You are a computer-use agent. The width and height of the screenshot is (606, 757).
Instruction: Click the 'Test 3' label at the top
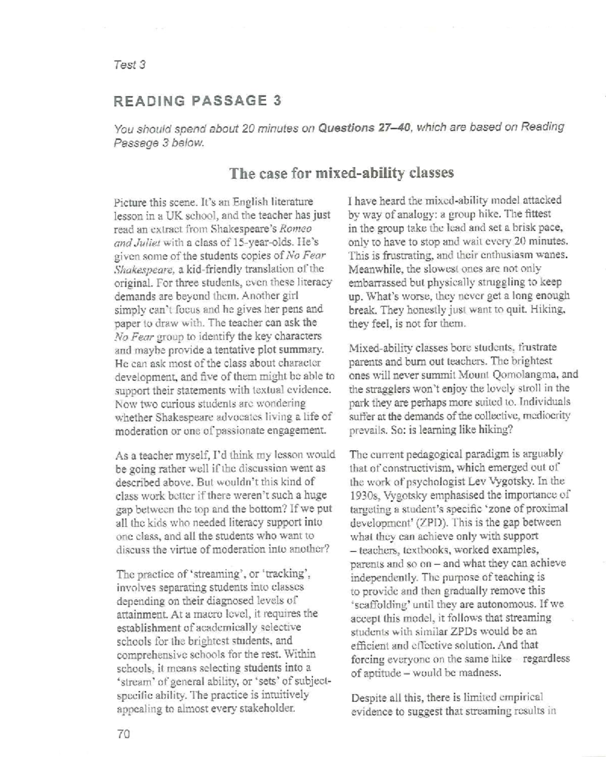coord(129,65)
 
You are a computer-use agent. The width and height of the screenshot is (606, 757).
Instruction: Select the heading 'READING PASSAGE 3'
coord(197,101)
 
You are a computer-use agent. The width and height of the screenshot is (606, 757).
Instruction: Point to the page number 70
coord(123,734)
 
